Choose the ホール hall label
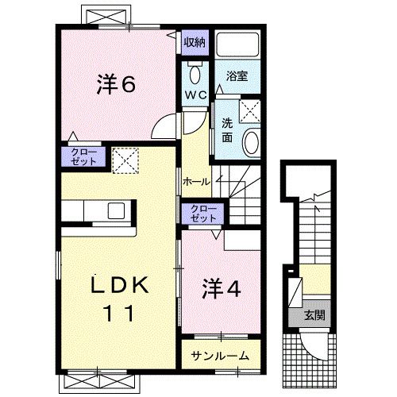[195, 181]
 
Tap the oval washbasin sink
[250, 143]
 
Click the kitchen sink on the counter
[116, 210]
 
